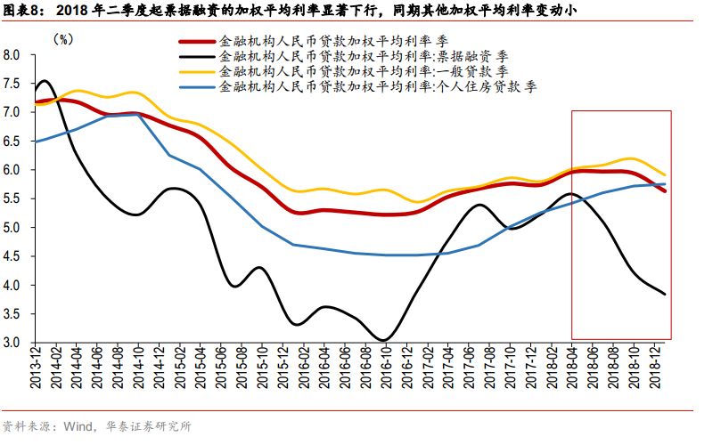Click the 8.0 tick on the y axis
(12, 55)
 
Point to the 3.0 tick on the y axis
(12, 343)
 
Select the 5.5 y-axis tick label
(12, 198)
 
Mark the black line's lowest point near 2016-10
(382, 340)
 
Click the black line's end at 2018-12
(665, 294)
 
